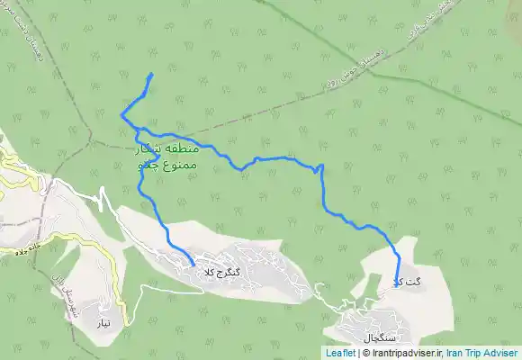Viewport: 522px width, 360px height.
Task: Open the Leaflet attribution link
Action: (340, 353)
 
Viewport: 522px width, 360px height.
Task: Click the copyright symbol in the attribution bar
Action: (364, 353)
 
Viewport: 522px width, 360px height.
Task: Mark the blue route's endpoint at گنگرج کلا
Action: (193, 264)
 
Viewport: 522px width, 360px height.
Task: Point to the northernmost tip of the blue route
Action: (151, 74)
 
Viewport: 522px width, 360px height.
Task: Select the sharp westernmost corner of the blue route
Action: (121, 114)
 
